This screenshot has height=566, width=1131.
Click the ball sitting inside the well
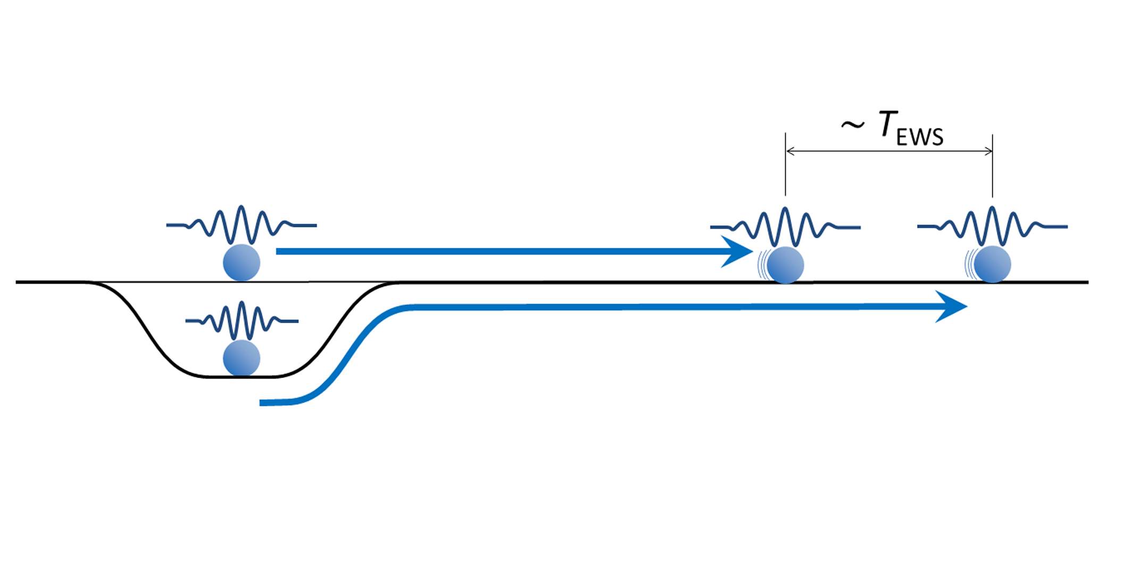pos(242,358)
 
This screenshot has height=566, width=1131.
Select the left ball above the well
pos(242,263)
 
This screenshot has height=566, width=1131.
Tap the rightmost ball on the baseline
pos(992,264)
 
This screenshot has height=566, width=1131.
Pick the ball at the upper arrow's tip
pos(785,265)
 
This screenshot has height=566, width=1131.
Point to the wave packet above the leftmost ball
pos(242,224)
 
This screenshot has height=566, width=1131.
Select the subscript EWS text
pos(920,137)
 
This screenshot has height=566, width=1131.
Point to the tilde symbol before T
pos(852,126)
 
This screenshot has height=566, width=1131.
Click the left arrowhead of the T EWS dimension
pos(790,151)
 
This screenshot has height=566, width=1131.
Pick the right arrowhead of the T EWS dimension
pos(988,151)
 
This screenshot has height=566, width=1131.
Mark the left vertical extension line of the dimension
pos(785,170)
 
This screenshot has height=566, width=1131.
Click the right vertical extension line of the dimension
pos(992,170)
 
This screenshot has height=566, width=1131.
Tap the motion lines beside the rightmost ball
pos(969,264)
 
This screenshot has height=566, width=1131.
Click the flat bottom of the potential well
pos(242,377)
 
